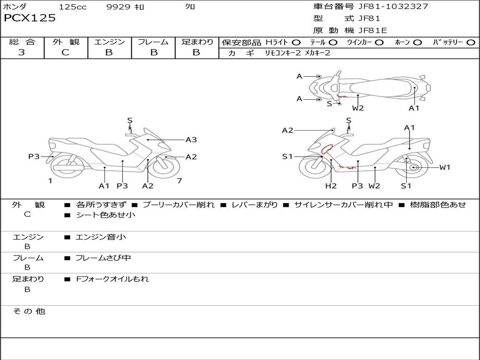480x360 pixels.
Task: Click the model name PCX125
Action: [x=30, y=18]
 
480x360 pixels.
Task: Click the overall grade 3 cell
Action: [x=22, y=52]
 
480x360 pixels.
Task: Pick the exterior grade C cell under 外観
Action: [x=66, y=52]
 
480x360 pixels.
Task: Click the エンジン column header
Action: [x=109, y=42]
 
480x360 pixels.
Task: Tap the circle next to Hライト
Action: [x=296, y=42]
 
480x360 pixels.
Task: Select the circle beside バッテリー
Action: [x=471, y=42]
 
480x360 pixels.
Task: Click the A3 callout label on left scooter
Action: [x=191, y=140]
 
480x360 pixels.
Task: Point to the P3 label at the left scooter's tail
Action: [x=34, y=157]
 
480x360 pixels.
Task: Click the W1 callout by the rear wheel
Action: [x=444, y=167]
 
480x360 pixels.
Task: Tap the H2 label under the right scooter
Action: [x=331, y=186]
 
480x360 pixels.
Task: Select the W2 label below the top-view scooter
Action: [x=358, y=108]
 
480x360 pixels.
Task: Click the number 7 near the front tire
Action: [x=179, y=180]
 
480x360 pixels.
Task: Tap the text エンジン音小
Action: [x=101, y=237]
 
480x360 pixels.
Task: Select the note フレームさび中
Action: [x=103, y=258]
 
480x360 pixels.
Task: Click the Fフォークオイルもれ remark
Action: [x=112, y=279]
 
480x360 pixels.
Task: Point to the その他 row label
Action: [x=29, y=311]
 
